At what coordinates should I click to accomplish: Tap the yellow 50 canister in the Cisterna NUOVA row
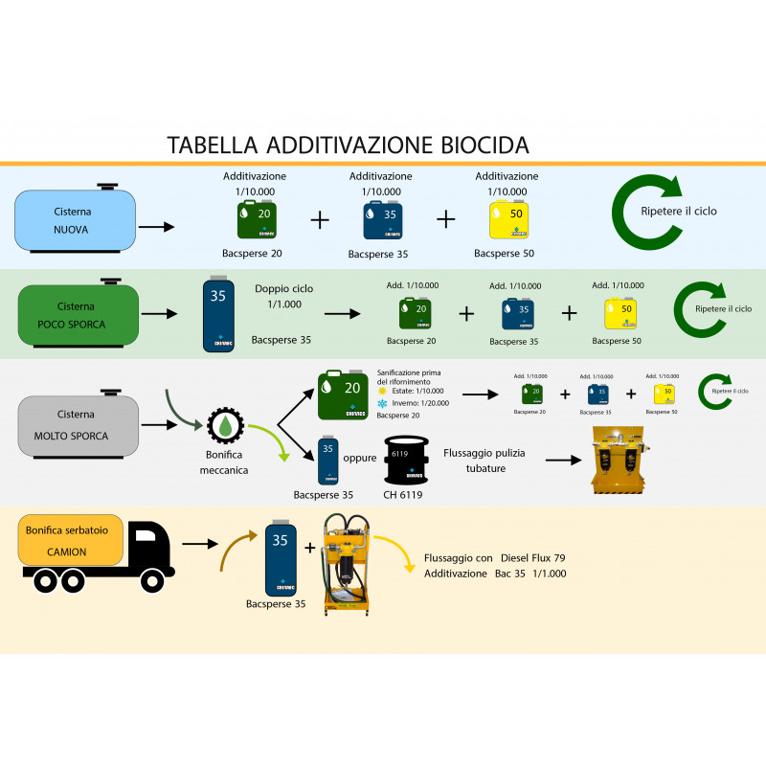pyautogui.click(x=507, y=219)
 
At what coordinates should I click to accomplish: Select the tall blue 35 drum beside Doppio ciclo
pyautogui.click(x=219, y=315)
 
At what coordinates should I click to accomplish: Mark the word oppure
pyautogui.click(x=359, y=459)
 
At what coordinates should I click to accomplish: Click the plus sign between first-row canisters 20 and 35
pyautogui.click(x=320, y=219)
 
